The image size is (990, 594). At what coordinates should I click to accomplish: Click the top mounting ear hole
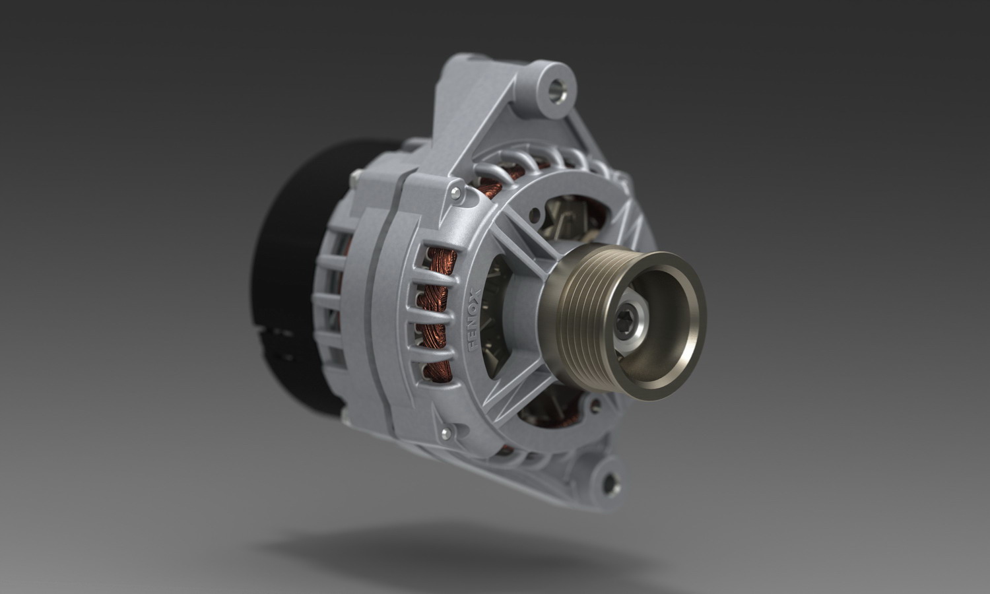(x=557, y=89)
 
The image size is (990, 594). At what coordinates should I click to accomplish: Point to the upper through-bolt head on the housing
(x=455, y=193)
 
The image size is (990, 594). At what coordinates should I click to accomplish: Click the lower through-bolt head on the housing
(x=446, y=432)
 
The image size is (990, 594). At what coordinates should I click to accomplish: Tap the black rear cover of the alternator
(x=296, y=274)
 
